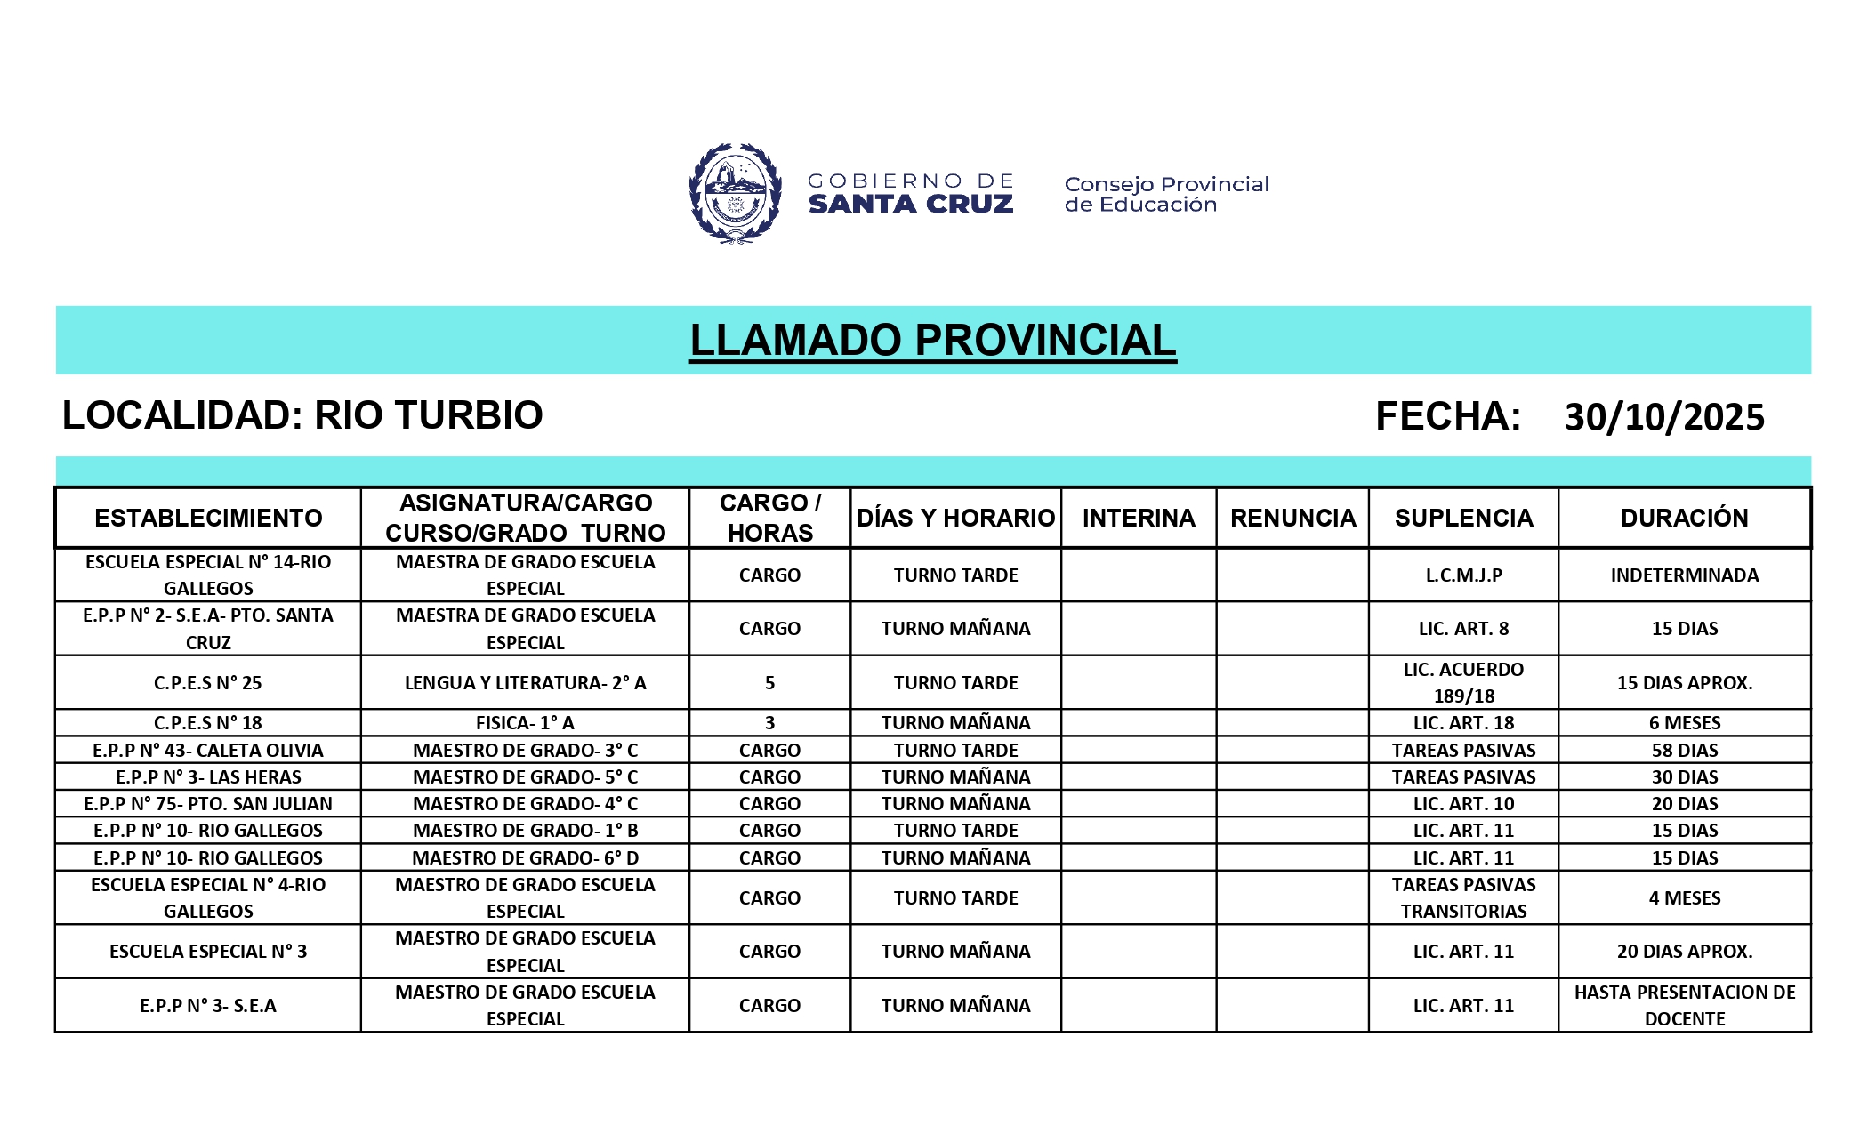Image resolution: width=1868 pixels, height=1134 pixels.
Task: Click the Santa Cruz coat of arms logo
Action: coord(735,193)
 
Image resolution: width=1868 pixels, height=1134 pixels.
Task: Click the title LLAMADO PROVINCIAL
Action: coord(932,341)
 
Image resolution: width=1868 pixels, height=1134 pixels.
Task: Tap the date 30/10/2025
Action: coord(1663,417)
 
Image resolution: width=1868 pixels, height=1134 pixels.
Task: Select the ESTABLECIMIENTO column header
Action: coord(208,518)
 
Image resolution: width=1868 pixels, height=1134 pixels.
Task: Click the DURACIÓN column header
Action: coord(1684,518)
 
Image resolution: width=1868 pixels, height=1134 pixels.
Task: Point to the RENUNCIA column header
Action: coord(1292,518)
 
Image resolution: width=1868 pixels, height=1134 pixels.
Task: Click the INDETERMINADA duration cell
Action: coord(1684,575)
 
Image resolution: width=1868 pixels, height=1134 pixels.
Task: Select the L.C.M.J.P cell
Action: coord(1463,575)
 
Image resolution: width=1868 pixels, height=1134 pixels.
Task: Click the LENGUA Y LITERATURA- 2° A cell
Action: coord(525,683)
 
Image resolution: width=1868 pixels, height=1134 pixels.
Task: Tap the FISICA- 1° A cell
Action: coord(525,723)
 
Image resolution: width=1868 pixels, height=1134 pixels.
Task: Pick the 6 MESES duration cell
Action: coord(1684,723)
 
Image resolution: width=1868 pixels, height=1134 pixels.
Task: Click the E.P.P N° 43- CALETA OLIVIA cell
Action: coord(208,751)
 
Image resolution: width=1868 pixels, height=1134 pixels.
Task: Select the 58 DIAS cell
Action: coord(1684,751)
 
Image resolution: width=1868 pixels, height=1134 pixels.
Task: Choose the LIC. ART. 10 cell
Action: coord(1463,804)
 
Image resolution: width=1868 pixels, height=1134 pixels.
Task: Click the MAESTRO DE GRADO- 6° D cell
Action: coord(525,858)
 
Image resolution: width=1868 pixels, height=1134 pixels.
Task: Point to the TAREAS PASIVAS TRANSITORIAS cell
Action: coord(1463,898)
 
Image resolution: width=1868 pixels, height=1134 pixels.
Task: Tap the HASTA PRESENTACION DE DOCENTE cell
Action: coord(1684,1006)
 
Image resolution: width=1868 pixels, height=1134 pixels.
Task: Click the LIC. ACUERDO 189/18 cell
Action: coord(1463,683)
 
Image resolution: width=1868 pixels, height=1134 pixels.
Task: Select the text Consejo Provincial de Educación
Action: coord(1166,195)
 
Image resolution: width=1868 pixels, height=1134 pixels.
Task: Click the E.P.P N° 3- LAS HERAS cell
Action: coord(208,777)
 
